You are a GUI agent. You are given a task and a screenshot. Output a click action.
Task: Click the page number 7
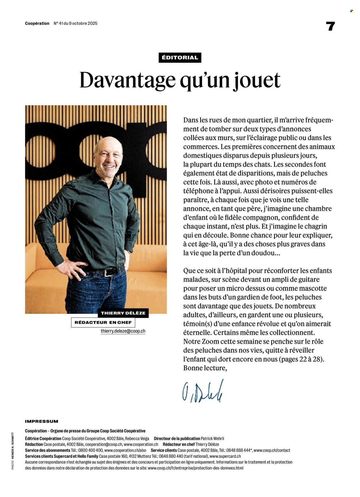(x=331, y=26)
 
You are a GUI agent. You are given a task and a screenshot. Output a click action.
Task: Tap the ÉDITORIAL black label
(x=180, y=58)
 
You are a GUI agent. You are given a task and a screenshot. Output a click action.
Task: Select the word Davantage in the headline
(x=127, y=80)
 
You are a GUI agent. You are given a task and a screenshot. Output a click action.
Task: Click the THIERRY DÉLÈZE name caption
(x=123, y=313)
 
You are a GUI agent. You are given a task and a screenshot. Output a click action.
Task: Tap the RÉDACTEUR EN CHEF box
(x=103, y=322)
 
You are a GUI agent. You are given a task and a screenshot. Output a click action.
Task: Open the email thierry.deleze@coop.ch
(x=123, y=331)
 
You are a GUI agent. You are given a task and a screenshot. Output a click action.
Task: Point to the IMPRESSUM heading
(x=41, y=421)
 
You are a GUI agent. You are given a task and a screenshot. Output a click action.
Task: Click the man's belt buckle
(x=109, y=272)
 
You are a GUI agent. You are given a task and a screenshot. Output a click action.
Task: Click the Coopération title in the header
(x=37, y=24)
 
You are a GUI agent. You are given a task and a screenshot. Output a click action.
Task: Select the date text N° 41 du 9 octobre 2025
(x=75, y=24)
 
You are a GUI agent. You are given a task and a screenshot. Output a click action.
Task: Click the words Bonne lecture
(x=205, y=368)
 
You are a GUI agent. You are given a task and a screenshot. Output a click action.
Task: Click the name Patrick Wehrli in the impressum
(x=212, y=439)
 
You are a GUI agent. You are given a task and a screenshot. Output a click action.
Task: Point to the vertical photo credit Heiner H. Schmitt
(x=13, y=450)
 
